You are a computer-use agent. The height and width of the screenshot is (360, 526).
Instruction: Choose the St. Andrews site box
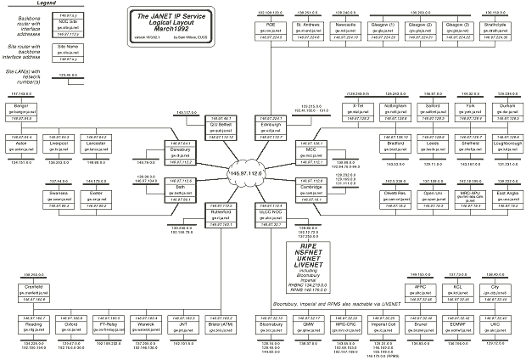tap(307, 31)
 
